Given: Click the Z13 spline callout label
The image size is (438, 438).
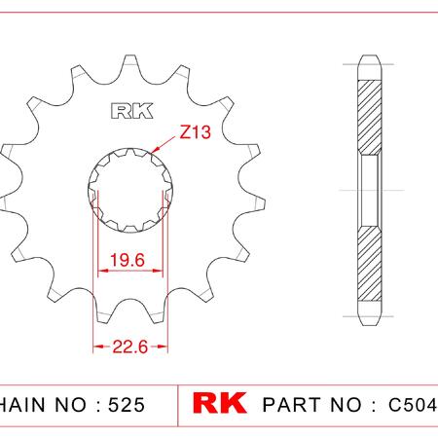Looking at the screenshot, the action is (195, 132).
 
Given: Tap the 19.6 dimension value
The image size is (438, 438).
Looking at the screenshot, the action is (128, 260).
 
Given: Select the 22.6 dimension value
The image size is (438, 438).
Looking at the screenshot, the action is (130, 347).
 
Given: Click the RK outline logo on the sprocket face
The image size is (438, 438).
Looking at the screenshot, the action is (132, 111).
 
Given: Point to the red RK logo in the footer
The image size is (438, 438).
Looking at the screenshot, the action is (220, 403).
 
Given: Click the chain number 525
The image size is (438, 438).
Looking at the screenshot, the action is (127, 405).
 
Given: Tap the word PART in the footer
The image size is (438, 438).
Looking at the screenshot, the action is (292, 405).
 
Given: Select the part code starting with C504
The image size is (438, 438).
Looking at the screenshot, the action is (413, 405).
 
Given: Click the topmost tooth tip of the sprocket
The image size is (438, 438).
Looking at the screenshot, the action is (130, 55).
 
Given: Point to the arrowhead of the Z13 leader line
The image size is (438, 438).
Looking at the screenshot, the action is (155, 150).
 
